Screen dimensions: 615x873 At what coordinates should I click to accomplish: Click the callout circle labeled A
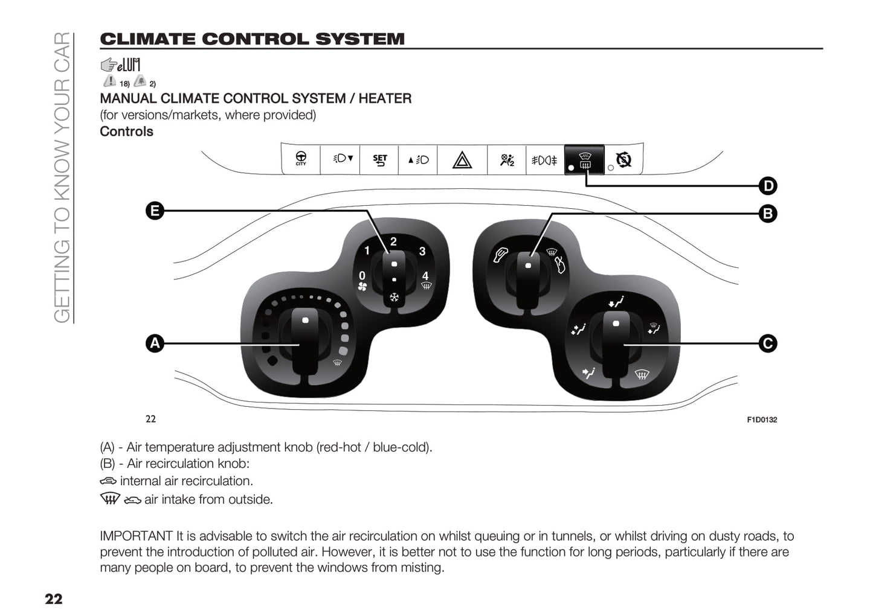pos(155,343)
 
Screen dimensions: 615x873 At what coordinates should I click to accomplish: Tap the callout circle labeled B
pos(767,213)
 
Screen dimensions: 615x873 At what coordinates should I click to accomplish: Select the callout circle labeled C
pos(767,343)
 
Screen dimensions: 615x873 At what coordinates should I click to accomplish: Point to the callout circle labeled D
pos(767,186)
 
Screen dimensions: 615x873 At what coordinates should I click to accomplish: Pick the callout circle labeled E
pos(155,211)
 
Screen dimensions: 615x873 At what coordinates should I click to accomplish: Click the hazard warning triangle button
pos(462,160)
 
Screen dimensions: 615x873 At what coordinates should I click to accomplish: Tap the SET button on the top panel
pos(379,160)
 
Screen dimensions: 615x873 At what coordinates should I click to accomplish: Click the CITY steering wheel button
pos(301,159)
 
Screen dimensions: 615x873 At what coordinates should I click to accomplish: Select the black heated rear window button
pos(584,160)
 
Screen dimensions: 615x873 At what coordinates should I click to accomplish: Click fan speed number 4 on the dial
pos(425,276)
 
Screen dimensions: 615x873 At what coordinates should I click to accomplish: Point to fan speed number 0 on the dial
pos(362,276)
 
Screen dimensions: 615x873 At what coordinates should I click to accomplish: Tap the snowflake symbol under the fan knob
pos(394,298)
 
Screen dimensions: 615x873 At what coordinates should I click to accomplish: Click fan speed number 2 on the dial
pos(393,242)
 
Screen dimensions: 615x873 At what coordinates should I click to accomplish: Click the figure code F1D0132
pos(762,419)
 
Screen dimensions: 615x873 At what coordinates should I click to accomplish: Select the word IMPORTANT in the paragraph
pos(136,536)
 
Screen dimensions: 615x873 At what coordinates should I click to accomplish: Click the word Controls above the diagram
pos(126,132)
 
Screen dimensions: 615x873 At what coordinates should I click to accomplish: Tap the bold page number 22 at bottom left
pos(53,599)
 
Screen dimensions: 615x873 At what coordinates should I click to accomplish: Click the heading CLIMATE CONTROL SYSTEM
pos(252,39)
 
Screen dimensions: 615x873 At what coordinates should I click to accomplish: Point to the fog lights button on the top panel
pos(544,160)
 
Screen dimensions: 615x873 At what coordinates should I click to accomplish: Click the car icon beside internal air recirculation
pos(108,481)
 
